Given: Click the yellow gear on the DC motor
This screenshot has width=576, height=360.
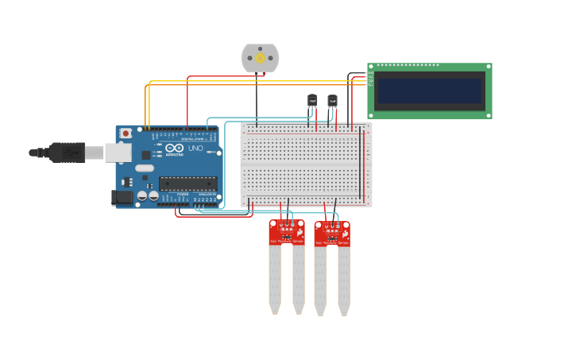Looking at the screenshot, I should point(260,58).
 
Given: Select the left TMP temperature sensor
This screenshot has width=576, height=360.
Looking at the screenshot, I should point(312,100).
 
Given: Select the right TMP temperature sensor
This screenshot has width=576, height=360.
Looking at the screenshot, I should point(332,100).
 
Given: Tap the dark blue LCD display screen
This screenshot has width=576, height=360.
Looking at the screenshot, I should point(429,91).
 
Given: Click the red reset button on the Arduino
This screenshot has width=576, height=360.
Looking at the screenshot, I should point(126,134).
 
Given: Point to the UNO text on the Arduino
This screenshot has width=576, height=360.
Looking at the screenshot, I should point(195,149).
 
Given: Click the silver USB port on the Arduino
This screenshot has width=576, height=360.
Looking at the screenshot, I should point(118,152).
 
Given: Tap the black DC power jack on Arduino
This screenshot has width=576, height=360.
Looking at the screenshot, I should point(122,198).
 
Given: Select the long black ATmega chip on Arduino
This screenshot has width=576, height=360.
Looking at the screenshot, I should point(187,183).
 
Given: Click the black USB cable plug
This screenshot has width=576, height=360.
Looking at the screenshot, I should point(68,152).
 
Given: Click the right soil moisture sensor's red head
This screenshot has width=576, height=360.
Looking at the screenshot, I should point(331,233).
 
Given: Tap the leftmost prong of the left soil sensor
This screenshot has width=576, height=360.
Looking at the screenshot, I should point(275,278).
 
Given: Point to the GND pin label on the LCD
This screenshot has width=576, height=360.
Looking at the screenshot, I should point(370,73).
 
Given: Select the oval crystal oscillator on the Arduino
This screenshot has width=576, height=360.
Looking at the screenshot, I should point(144,168).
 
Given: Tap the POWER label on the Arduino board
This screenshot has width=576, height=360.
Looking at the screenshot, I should point(183,193).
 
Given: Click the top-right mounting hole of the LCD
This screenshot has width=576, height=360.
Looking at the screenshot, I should point(487,68).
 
